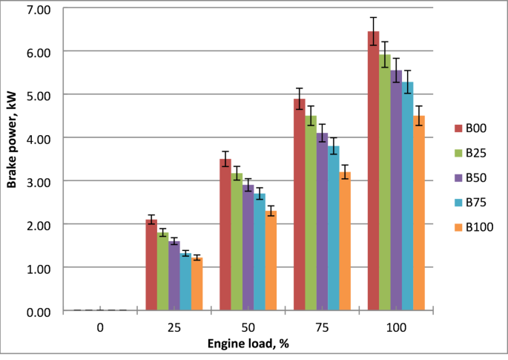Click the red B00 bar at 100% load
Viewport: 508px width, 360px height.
(x=374, y=171)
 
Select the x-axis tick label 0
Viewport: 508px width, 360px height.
(x=99, y=327)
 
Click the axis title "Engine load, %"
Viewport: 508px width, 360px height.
(x=248, y=344)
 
